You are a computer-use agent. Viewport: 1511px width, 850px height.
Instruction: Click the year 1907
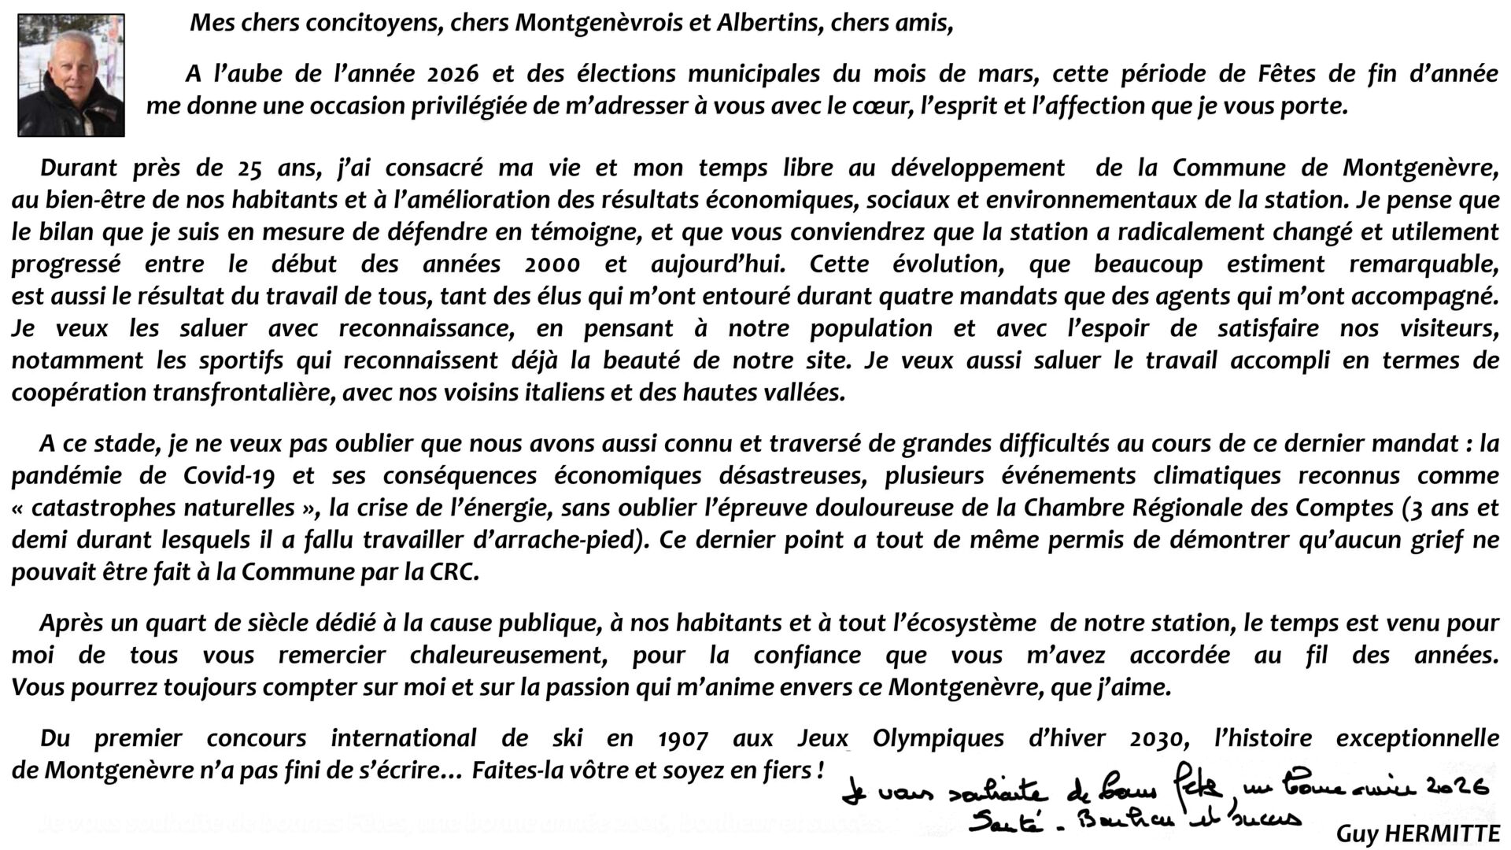click(x=682, y=738)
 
